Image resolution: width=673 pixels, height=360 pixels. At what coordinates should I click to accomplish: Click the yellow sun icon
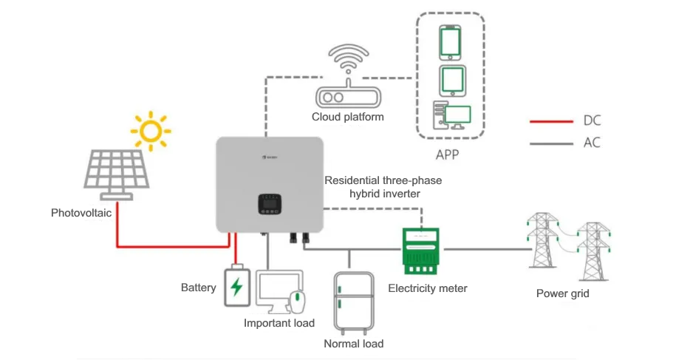point(151,131)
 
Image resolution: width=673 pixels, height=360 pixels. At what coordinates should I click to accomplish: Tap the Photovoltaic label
point(81,213)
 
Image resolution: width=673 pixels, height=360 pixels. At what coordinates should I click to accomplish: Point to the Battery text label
point(199,288)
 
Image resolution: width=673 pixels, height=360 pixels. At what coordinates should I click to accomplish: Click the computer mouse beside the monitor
point(296,302)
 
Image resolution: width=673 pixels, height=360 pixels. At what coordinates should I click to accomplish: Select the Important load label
point(279,323)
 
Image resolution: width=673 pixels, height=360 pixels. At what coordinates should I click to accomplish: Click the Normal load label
point(353,344)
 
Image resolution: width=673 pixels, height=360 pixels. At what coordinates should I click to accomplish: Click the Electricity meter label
point(428,288)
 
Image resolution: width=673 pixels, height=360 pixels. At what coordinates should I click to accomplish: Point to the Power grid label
point(562,293)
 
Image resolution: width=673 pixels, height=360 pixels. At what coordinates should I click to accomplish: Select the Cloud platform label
point(347,117)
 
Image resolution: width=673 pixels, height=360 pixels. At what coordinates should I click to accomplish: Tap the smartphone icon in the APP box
point(450,42)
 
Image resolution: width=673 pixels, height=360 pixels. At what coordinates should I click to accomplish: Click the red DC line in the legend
point(551,120)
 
